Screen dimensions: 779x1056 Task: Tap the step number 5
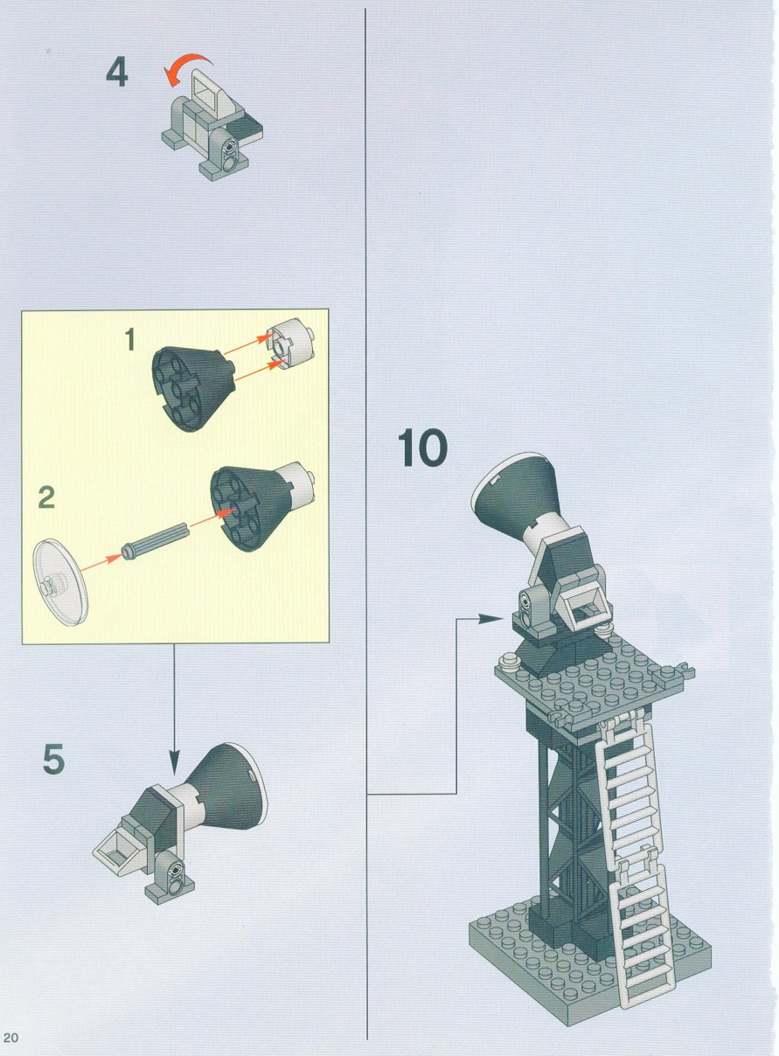point(53,759)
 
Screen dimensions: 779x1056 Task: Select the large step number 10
point(422,448)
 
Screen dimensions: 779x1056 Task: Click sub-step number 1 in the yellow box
point(129,340)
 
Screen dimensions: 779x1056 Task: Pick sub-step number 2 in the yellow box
point(46,497)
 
